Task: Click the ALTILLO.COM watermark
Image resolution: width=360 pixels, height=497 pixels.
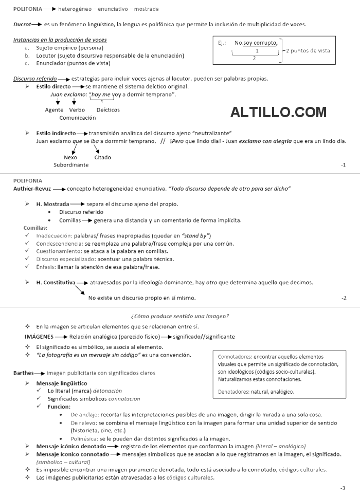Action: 278,112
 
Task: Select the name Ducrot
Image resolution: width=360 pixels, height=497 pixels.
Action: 22,24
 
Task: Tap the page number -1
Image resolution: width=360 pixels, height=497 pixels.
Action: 343,164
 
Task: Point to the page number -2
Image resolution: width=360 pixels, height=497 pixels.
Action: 344,298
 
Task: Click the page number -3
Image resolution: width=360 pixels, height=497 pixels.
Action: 343,487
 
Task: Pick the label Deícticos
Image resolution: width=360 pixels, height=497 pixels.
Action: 108,109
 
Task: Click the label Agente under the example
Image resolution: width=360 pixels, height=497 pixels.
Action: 54,109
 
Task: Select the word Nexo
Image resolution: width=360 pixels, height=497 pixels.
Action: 70,157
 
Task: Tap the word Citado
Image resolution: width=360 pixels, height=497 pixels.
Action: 102,157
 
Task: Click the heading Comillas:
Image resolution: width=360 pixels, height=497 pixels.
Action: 35,228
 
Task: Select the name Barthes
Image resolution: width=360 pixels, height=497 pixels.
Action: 24,373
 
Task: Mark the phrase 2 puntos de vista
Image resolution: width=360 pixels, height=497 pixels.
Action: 308,50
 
